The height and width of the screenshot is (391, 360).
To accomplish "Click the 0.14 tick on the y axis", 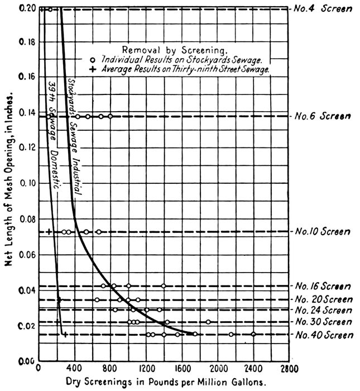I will pos(26,112).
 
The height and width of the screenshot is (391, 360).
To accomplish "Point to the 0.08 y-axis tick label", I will pos(26,220).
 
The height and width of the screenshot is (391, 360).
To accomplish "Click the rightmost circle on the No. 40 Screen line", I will pos(253,334).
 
